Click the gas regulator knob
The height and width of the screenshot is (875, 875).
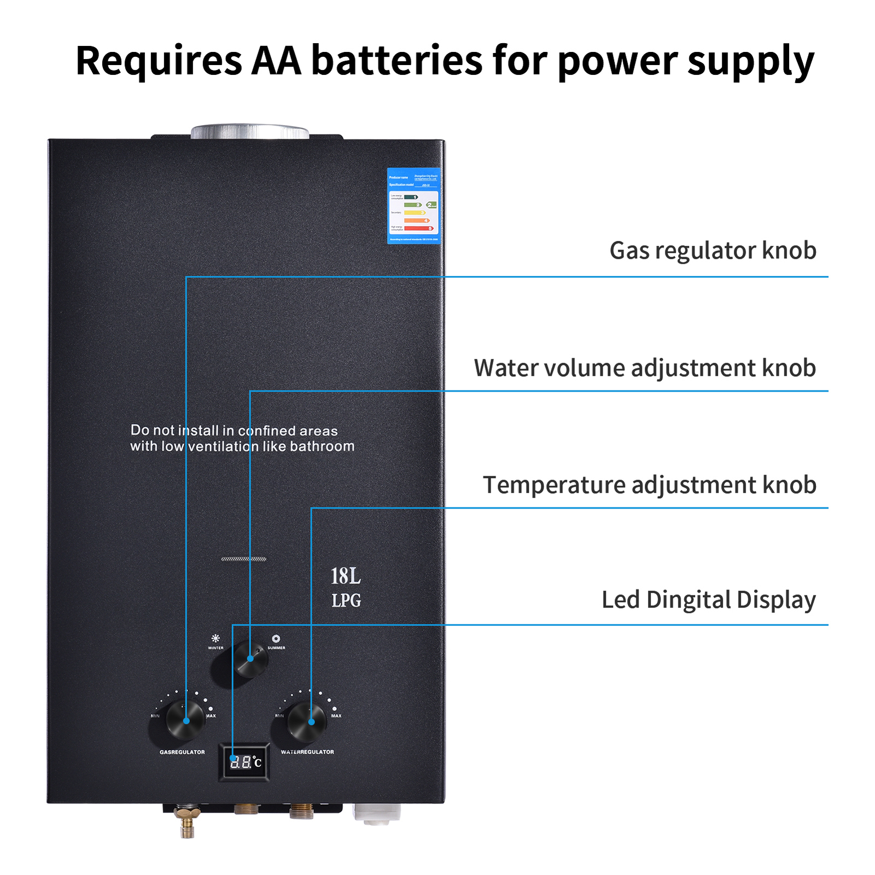[x=184, y=720]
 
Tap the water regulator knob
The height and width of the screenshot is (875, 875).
[x=306, y=721]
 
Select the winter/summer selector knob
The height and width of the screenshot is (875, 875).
[x=250, y=658]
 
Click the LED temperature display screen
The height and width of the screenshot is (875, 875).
[x=244, y=762]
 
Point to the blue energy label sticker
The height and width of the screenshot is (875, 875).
[x=413, y=206]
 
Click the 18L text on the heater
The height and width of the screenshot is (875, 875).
[x=345, y=576]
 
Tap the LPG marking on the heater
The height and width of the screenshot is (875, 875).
[x=346, y=600]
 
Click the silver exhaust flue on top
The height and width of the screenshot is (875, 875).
[x=249, y=131]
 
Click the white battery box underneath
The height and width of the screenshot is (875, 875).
[x=376, y=813]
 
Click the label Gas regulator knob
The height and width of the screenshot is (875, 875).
[x=713, y=250]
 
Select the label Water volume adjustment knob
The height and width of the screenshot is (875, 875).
[x=645, y=367]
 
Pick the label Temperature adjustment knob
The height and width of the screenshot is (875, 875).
[x=649, y=485]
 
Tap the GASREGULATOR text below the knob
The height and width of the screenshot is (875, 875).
[x=182, y=752]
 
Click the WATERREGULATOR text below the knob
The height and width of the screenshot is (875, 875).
[x=307, y=752]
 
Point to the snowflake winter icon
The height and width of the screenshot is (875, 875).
[x=215, y=638]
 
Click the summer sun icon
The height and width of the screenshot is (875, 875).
[x=276, y=638]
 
